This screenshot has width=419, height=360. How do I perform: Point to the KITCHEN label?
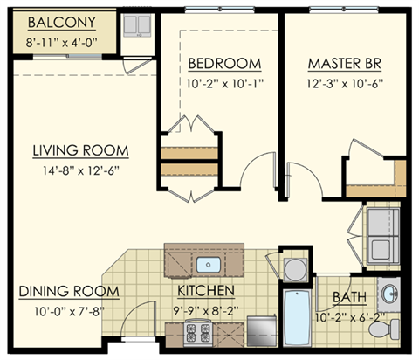click(206, 290)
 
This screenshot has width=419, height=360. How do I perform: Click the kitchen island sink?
click(209, 264)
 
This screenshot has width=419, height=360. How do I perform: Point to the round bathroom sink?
click(390, 291)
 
